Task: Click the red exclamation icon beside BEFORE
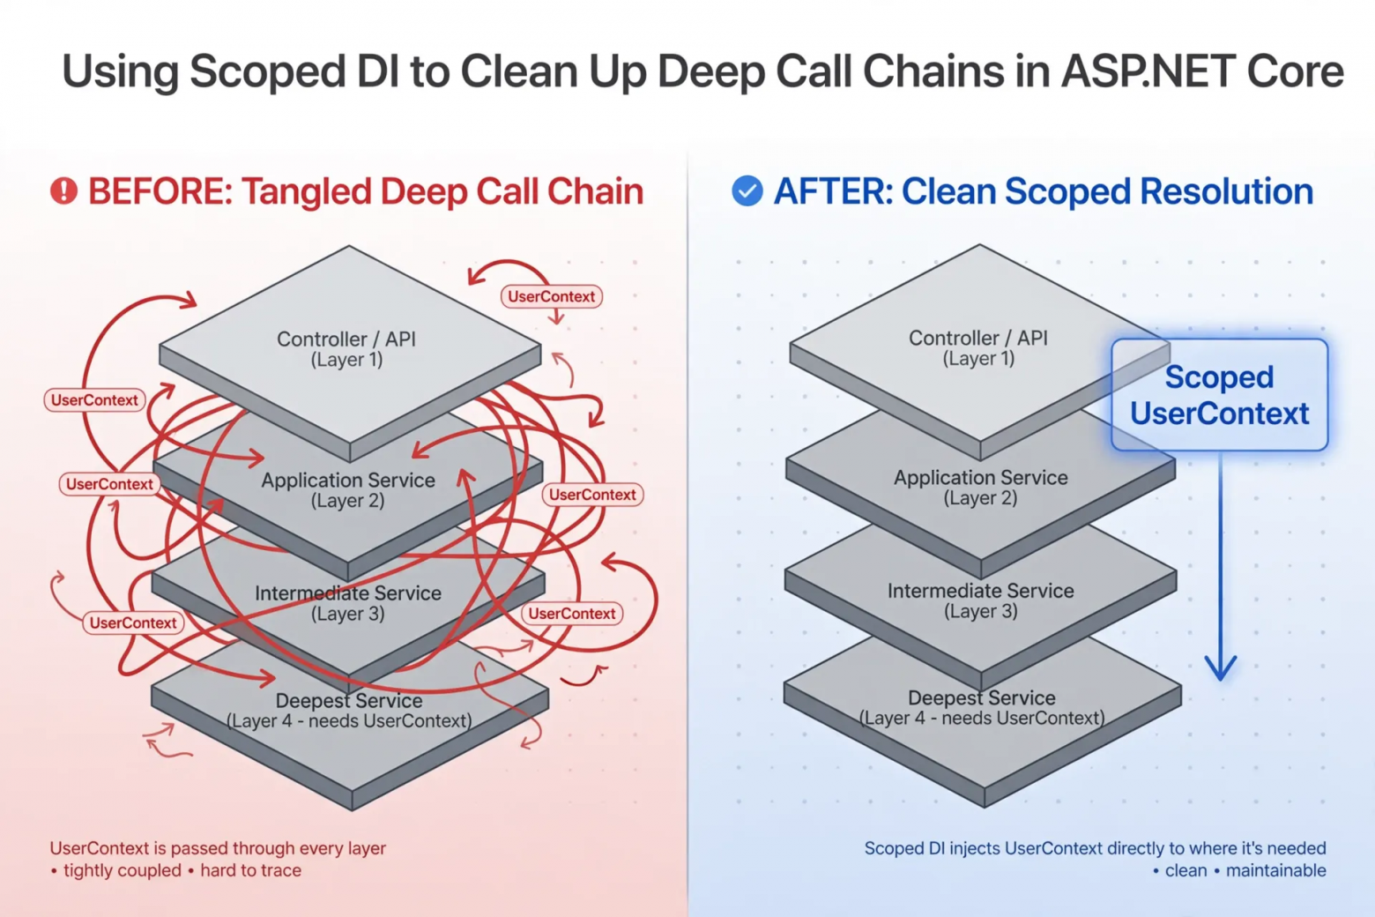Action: (x=63, y=191)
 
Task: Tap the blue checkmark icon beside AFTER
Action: (x=747, y=191)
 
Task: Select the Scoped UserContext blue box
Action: (x=1219, y=395)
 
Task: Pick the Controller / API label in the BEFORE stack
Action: (x=346, y=349)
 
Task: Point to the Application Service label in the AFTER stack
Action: (x=980, y=488)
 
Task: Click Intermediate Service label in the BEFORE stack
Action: (x=348, y=603)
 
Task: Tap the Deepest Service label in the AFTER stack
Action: (x=982, y=707)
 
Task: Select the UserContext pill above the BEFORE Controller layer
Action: (x=551, y=296)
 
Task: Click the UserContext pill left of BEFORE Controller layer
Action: (x=94, y=399)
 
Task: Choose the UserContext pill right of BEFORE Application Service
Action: (x=592, y=495)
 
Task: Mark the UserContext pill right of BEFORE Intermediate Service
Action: (x=572, y=614)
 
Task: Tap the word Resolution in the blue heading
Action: (x=1226, y=191)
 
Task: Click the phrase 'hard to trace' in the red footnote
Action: (x=250, y=870)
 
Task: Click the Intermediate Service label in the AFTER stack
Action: (x=980, y=600)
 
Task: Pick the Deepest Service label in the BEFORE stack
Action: (x=349, y=710)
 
